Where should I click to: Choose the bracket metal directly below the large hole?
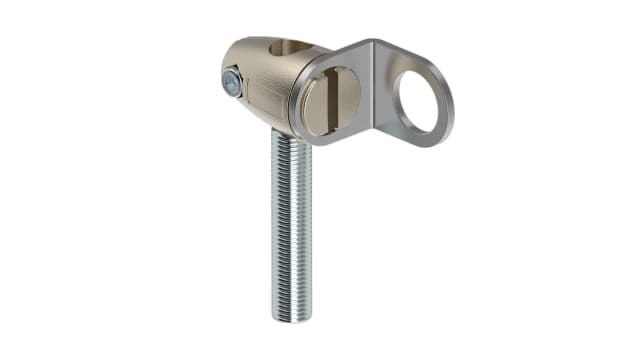coord(420,139)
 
